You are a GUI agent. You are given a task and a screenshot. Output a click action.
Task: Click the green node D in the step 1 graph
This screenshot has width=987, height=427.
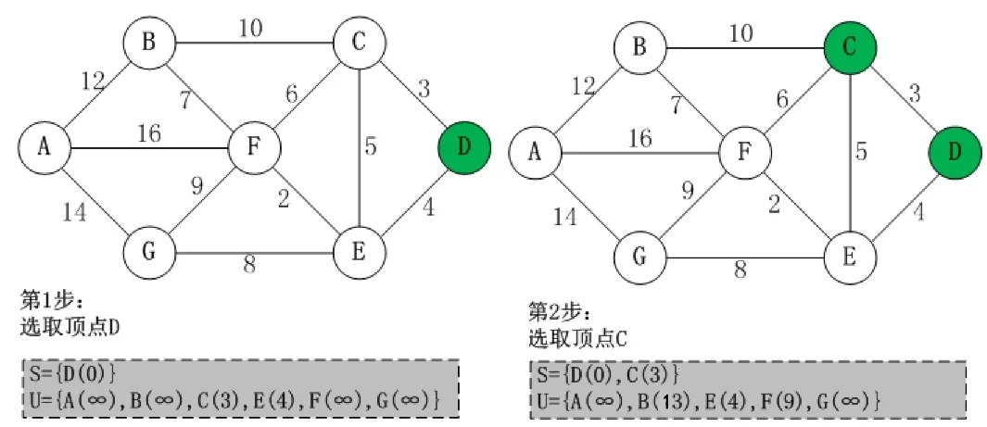(464, 146)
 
